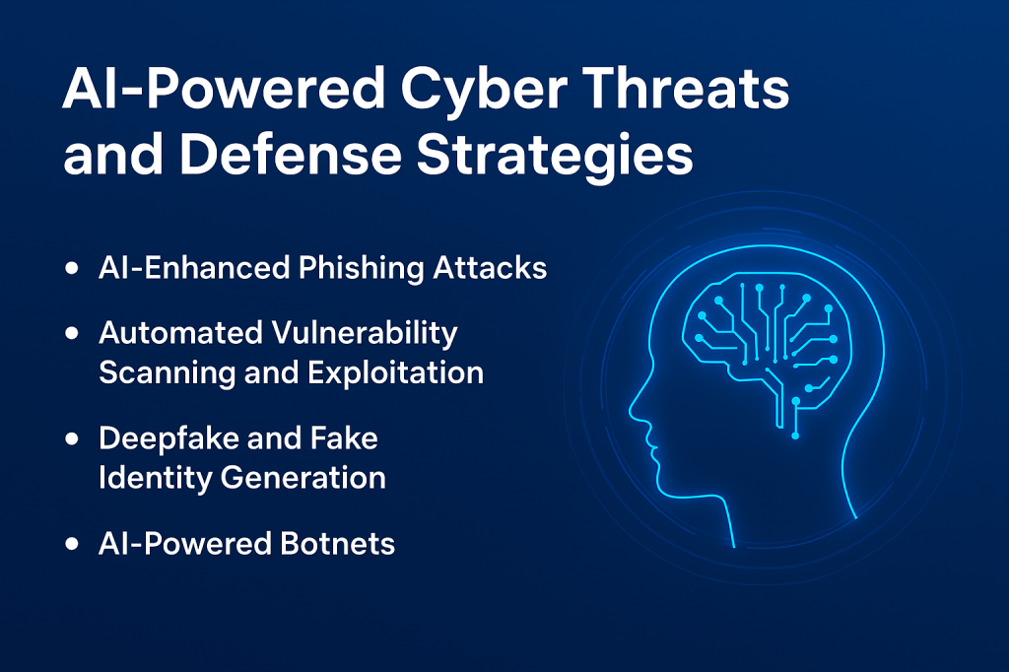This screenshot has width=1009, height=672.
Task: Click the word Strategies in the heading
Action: point(555,157)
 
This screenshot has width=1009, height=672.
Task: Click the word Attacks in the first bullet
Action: point(490,268)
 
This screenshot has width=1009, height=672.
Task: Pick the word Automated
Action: point(181,333)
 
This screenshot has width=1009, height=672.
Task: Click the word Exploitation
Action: point(395,372)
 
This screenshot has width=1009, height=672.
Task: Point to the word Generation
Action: point(303,478)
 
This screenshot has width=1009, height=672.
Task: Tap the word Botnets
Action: point(338,543)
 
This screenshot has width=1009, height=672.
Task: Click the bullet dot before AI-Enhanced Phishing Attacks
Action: point(72,268)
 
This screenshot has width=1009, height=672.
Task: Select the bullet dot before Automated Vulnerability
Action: point(72,333)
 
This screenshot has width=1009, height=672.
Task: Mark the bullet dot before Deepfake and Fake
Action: point(72,439)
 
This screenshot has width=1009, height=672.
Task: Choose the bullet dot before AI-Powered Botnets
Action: point(72,544)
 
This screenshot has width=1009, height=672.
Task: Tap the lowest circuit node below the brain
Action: point(795,436)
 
